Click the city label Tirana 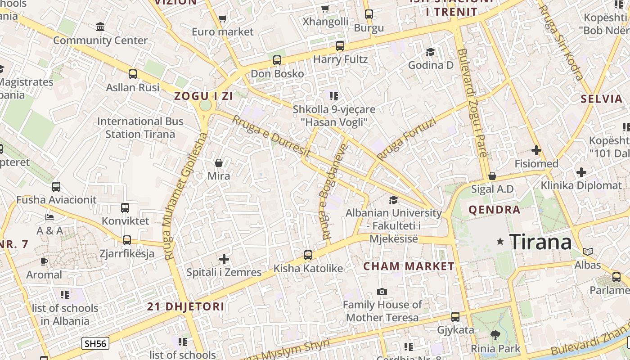point(540,242)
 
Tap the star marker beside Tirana point(500,242)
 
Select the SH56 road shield point(95,344)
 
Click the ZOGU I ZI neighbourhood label point(204,96)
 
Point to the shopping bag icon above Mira point(219,162)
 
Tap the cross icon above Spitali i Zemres point(224,259)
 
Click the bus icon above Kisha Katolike point(308,255)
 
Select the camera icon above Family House point(382,292)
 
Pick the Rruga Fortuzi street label point(406,139)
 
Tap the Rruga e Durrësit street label point(269,135)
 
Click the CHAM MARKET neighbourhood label point(409,266)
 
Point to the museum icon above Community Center point(100,27)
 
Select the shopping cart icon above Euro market point(222,18)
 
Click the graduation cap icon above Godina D point(430,52)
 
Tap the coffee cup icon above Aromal point(44,261)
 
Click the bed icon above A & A point(49,217)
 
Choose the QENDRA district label point(494,209)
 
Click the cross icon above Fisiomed point(536,150)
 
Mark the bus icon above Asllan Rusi point(132,74)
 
